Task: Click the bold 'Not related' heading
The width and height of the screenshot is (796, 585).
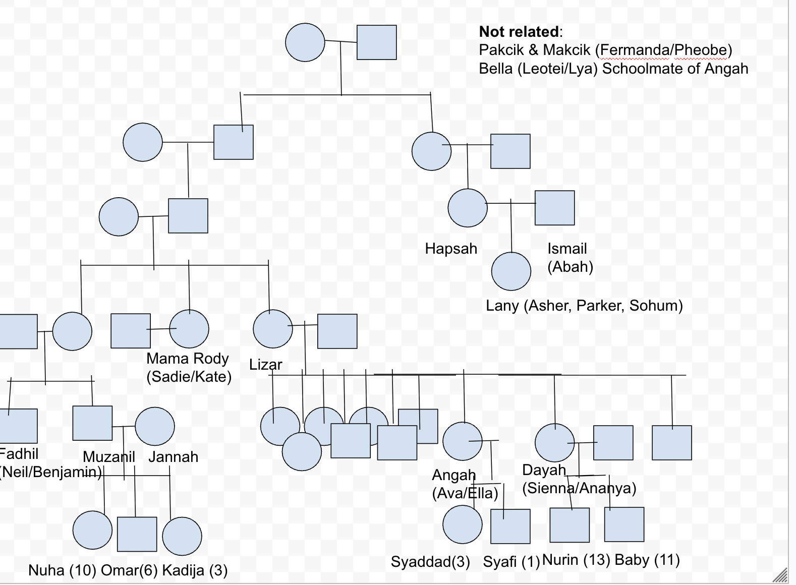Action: [x=519, y=32]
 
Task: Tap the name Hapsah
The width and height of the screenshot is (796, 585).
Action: [x=451, y=249]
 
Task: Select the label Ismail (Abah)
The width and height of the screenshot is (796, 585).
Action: [x=570, y=258]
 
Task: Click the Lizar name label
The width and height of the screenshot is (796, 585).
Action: [x=265, y=365]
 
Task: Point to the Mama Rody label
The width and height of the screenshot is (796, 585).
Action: [x=188, y=359]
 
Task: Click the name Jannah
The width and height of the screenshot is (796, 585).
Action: [x=173, y=457]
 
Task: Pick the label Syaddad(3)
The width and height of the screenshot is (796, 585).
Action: [x=430, y=562]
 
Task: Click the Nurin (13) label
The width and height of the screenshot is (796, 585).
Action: [x=576, y=560]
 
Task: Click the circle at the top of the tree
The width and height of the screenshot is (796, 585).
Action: [x=305, y=42]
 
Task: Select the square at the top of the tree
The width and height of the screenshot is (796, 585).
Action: [x=376, y=42]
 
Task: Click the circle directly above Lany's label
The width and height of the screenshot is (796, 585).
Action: [x=511, y=271]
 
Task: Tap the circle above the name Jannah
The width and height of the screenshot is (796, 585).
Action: [x=155, y=427]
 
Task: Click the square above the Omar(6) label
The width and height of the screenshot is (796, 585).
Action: [x=137, y=534]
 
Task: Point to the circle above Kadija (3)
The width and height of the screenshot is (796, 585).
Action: [x=182, y=536]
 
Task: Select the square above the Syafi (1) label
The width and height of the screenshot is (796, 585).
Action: [x=510, y=526]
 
